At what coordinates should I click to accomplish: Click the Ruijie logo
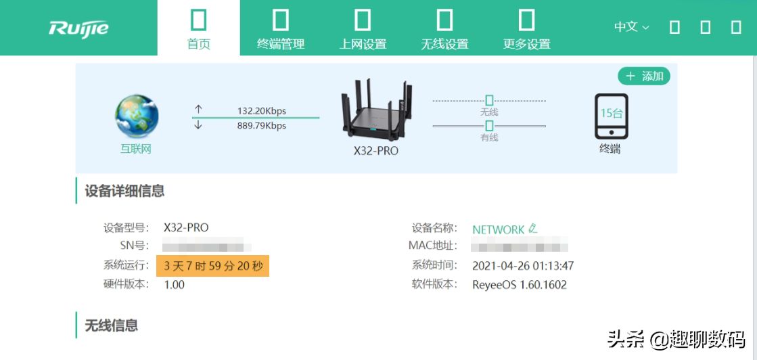click(x=78, y=28)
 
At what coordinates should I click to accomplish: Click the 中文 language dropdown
click(x=631, y=27)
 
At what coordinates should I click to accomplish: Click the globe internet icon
click(x=137, y=117)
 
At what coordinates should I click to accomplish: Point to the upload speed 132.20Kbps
click(x=261, y=111)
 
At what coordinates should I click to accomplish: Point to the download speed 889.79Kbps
click(x=261, y=126)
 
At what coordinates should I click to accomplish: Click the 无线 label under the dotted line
click(x=488, y=112)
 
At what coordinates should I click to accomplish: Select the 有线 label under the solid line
click(x=488, y=137)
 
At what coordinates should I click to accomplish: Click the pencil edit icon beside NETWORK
click(x=533, y=229)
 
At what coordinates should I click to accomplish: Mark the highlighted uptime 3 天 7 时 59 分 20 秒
click(x=213, y=266)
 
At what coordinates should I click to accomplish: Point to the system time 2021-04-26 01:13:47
click(x=523, y=266)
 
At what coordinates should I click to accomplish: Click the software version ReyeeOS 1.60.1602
click(x=520, y=285)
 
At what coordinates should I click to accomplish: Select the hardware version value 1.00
click(x=175, y=285)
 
